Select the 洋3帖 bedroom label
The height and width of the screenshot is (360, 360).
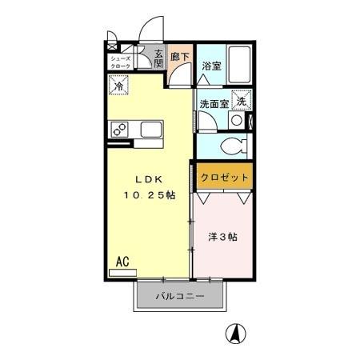pyautogui.click(x=222, y=237)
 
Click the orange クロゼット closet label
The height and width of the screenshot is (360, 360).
pyautogui.click(x=224, y=177)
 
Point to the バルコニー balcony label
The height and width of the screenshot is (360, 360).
pyautogui.click(x=180, y=297)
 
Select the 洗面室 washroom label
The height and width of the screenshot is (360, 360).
pyautogui.click(x=214, y=102)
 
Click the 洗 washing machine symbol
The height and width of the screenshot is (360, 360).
pyautogui.click(x=242, y=101)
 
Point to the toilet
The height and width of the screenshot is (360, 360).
pyautogui.click(x=237, y=147)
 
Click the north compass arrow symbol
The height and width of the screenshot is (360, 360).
pyautogui.click(x=237, y=331)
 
